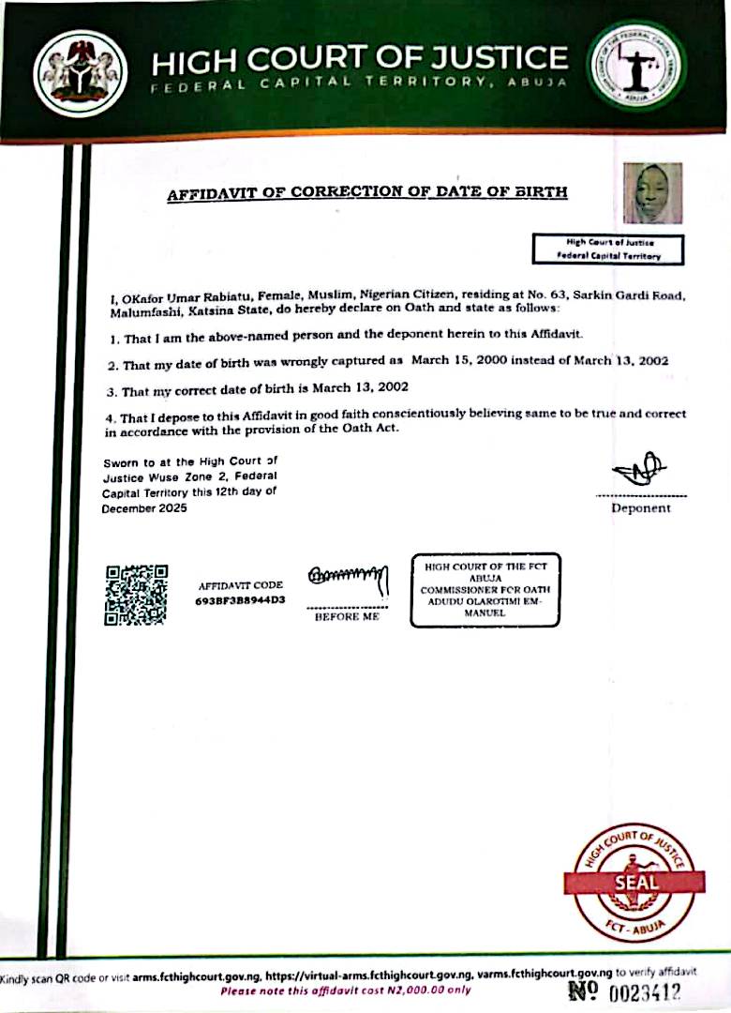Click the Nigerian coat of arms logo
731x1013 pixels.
pos(80,71)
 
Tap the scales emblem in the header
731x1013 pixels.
pos(637,66)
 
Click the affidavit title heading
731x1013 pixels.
pos(366,194)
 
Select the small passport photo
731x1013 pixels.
pos(652,193)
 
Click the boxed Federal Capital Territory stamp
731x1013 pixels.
pos(608,249)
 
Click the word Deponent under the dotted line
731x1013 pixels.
pos(641,508)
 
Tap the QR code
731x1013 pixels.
pos(136,595)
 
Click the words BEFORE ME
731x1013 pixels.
pos(348,618)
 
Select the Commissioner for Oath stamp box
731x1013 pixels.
pos(485,589)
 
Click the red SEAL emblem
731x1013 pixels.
pos(636,881)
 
